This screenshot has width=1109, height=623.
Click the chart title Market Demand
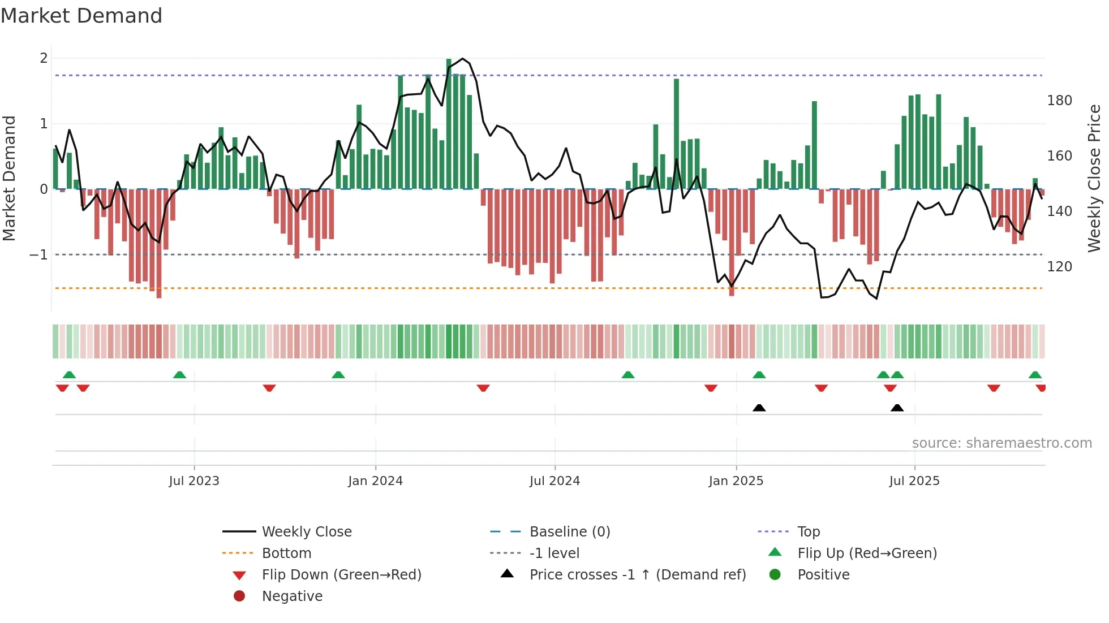[x=81, y=16]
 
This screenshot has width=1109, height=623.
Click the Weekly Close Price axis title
[x=1094, y=178]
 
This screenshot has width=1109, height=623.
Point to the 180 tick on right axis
[x=1059, y=101]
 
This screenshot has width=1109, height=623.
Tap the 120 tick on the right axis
[x=1059, y=267]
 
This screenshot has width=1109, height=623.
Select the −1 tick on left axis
[x=38, y=255]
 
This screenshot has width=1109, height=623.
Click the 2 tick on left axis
[x=44, y=58]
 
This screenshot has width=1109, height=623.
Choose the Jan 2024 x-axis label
[x=375, y=481]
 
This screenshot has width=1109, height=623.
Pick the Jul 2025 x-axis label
[x=914, y=481]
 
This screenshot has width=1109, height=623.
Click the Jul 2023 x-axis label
[x=194, y=481]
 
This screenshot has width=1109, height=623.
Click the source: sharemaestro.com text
[x=1001, y=443]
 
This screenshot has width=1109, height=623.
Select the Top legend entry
[x=809, y=532]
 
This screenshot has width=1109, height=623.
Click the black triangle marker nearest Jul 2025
[x=897, y=408]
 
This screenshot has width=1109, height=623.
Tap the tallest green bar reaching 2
[x=449, y=124]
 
